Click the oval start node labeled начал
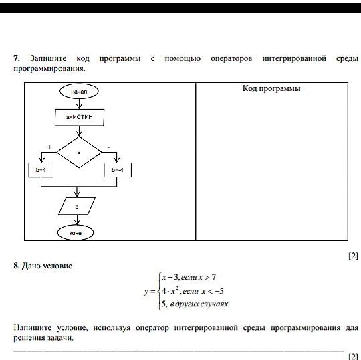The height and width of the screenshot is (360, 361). (x=79, y=91)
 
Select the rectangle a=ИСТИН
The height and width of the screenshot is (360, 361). (x=80, y=118)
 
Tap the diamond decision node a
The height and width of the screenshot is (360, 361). (x=79, y=152)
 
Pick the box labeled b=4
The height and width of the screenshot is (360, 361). (x=41, y=170)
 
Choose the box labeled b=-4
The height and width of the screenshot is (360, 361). (x=118, y=170)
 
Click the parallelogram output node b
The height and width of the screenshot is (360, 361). (x=77, y=206)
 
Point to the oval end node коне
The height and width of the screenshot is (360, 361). (x=76, y=233)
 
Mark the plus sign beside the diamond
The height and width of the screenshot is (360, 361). (x=49, y=147)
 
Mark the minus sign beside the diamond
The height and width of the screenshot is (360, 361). (x=109, y=147)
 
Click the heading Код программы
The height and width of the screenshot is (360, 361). (x=271, y=88)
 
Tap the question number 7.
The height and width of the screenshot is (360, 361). (x=16, y=58)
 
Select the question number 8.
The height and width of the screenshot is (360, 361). (x=16, y=266)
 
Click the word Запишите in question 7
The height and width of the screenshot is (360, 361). (x=48, y=58)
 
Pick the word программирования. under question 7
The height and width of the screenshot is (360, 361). (x=49, y=68)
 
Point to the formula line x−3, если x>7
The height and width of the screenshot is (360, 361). (x=189, y=277)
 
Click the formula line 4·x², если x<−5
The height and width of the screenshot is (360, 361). (x=193, y=291)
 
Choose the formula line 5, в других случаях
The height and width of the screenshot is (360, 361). (x=195, y=304)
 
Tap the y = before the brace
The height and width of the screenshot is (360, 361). (x=150, y=292)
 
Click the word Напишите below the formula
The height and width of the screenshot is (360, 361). (x=33, y=327)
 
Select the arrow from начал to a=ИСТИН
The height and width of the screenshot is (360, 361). (x=79, y=104)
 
